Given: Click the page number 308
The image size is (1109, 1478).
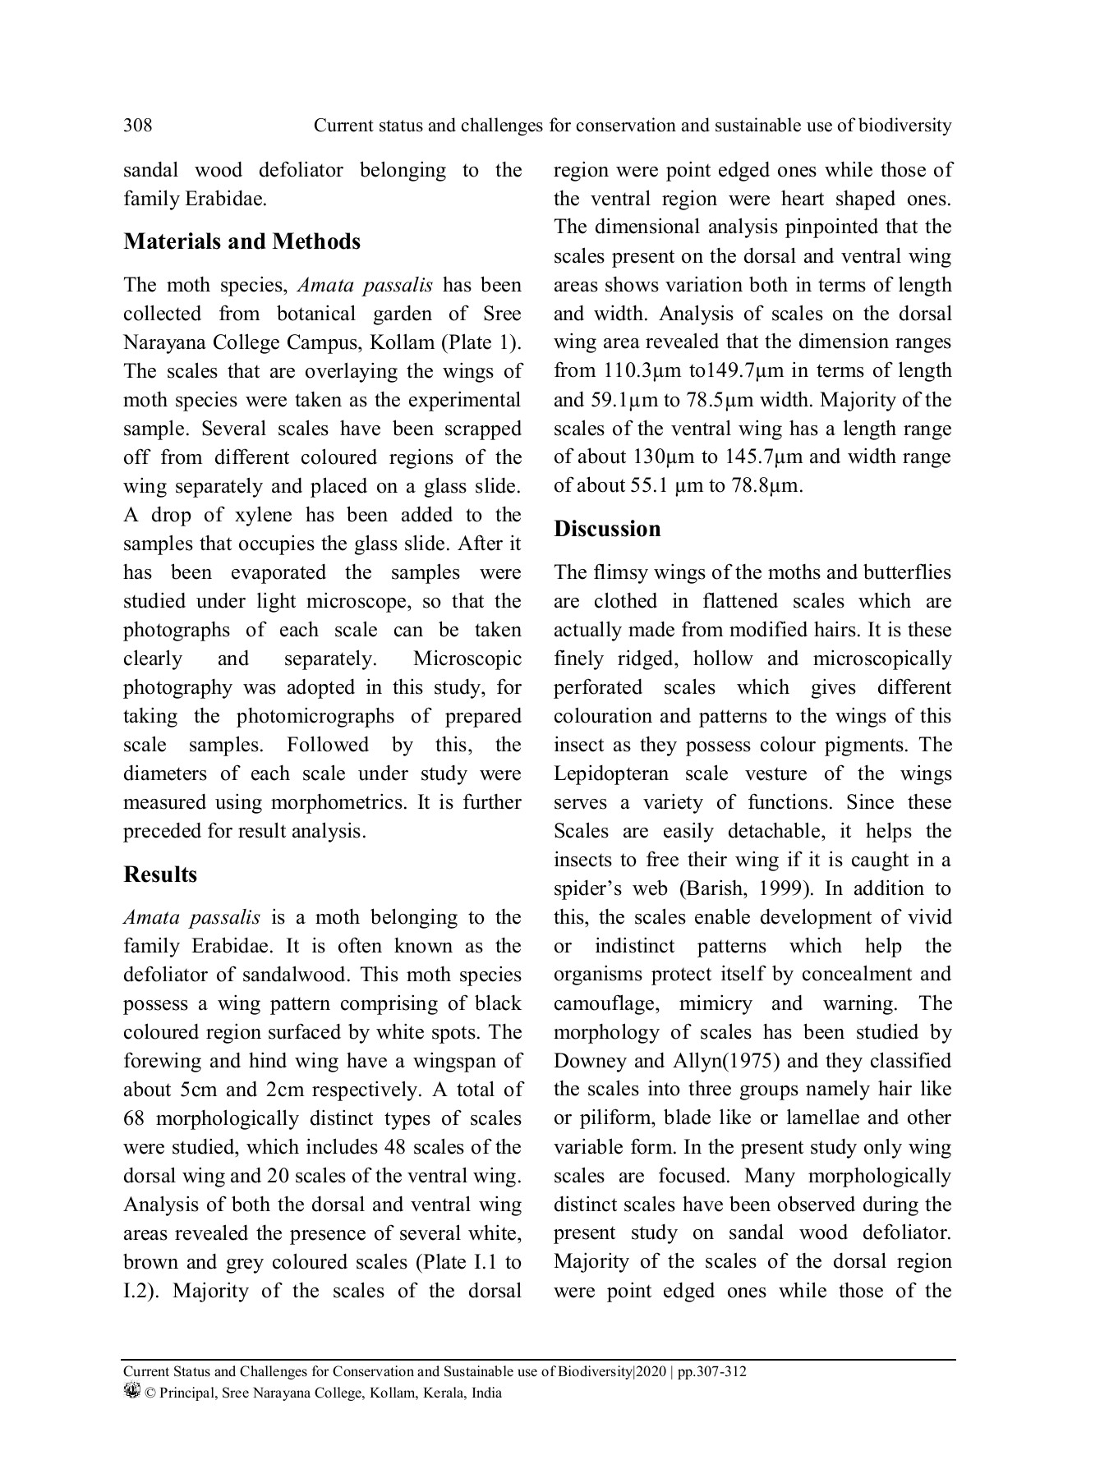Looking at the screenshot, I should coord(137,126).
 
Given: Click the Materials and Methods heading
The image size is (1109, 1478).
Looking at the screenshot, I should coord(242,241).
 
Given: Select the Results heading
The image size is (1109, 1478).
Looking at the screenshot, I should coord(160,874).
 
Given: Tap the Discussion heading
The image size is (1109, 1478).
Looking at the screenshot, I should coord(607,529).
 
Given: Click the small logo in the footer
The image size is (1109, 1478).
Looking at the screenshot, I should coord(131,1391).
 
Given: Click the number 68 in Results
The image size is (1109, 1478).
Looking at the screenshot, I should coord(134,1118).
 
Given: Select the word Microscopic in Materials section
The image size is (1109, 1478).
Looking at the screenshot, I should coord(467,659).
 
